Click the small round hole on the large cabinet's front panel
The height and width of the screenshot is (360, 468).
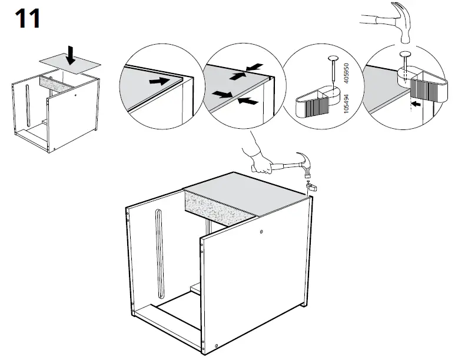261,233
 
